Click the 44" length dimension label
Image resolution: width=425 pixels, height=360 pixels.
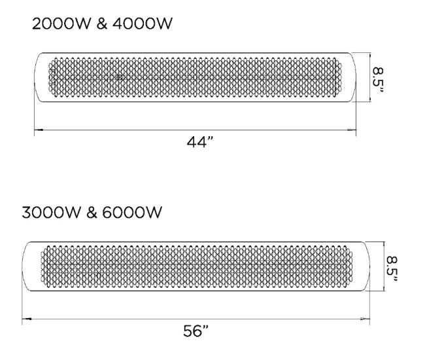tap(201, 143)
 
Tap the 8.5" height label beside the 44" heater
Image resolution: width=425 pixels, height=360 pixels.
tap(377, 78)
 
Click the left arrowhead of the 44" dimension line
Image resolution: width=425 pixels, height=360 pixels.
tap(38, 130)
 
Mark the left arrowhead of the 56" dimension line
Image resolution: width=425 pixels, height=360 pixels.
tap(27, 319)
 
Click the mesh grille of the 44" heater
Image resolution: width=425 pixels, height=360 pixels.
tap(196, 78)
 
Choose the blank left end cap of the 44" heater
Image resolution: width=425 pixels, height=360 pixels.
tap(41, 78)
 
